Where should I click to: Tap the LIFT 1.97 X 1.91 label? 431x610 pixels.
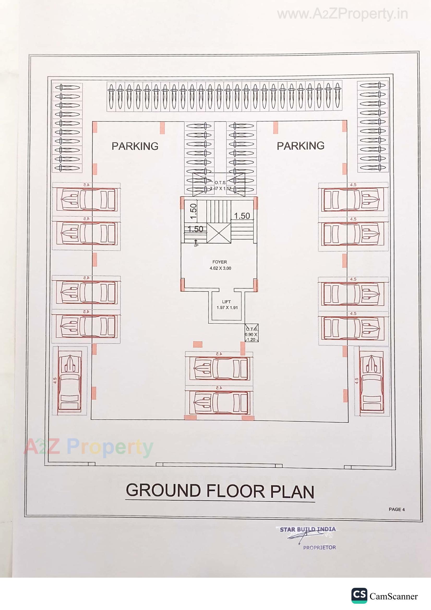point(227,305)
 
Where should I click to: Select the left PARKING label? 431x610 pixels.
point(135,146)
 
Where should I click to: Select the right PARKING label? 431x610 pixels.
point(301,146)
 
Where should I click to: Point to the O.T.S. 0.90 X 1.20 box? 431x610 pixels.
point(251,333)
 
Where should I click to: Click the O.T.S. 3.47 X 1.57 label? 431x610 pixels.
point(220,186)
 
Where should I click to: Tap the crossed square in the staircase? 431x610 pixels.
point(219,233)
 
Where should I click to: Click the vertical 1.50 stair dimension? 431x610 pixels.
point(194,211)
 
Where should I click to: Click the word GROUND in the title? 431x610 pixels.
point(163,491)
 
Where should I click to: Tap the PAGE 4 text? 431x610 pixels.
point(397,509)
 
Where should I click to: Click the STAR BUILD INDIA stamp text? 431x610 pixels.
point(307,529)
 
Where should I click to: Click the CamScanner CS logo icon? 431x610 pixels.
point(359,596)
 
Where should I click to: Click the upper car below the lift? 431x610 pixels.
point(221,368)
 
